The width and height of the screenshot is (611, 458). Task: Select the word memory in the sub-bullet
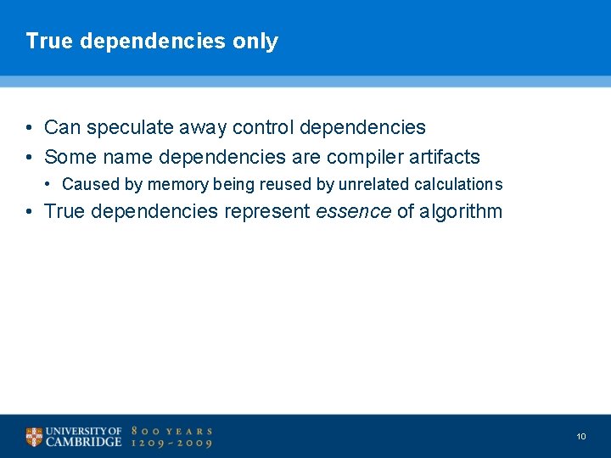click(x=177, y=185)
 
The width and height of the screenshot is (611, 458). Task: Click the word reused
click(x=286, y=185)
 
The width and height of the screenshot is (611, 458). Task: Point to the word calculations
click(x=458, y=185)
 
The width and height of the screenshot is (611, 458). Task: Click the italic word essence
click(x=353, y=211)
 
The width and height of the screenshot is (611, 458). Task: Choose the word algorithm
click(x=462, y=211)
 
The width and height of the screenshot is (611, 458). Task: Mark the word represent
click(x=266, y=211)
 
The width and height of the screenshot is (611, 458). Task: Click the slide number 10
click(x=581, y=436)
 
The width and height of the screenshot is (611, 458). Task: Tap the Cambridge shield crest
click(x=34, y=437)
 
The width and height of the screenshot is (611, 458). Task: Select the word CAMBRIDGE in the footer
click(x=83, y=442)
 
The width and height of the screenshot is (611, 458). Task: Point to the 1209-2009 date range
click(x=171, y=443)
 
